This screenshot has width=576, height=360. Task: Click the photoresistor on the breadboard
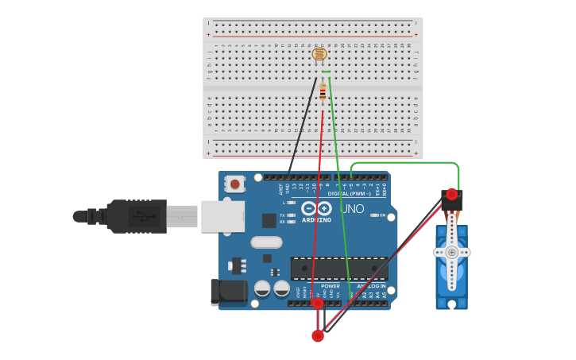pos(319,54)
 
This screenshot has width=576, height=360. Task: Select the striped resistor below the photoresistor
pos(323,93)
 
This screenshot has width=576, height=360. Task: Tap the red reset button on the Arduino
pos(235,184)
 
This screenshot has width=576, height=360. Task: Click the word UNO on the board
pos(352,209)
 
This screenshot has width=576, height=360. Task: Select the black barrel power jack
pos(229,292)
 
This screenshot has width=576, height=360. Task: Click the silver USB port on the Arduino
pos(222,215)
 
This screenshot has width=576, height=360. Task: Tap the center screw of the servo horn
pos(452,252)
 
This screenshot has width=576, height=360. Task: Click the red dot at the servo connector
pos(452,194)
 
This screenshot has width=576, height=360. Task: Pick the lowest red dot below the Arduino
pos(318,336)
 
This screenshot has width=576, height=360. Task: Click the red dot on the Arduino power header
pos(318,303)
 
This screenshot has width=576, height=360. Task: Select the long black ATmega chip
pos(338,269)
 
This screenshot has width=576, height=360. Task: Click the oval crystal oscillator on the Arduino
pos(266,242)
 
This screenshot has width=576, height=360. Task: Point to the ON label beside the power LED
pos(382,215)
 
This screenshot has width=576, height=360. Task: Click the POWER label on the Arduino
pos(331,286)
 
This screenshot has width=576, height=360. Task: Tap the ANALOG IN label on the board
pos(371,286)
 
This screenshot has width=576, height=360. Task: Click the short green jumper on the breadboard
pos(326,72)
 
